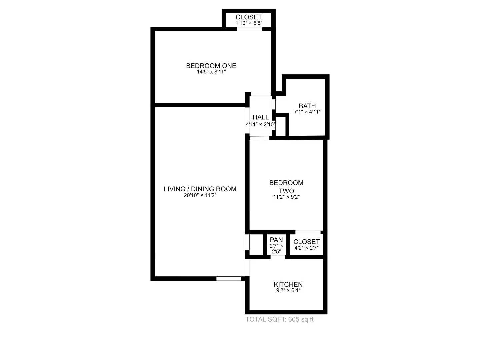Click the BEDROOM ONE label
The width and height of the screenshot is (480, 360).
(211, 66)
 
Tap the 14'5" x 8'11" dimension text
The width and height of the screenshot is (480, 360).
(211, 72)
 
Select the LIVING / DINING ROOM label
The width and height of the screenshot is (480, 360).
(200, 189)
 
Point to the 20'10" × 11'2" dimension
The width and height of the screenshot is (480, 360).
(200, 195)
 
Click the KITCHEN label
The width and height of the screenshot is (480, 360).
(288, 284)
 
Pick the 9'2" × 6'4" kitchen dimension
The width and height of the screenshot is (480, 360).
(288, 290)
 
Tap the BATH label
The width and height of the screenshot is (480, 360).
(307, 106)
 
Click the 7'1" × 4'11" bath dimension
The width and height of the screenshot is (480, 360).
(307, 112)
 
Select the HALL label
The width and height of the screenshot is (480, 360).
(261, 117)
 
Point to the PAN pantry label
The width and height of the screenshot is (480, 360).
(276, 240)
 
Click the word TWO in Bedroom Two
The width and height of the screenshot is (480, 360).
(286, 191)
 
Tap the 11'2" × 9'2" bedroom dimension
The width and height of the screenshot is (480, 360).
(286, 197)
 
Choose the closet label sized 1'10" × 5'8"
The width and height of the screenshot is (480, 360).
(249, 17)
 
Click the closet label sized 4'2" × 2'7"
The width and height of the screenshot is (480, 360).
(306, 242)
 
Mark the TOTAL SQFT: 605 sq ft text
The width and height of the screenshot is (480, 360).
(279, 319)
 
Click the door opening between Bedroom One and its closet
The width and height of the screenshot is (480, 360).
(250, 29)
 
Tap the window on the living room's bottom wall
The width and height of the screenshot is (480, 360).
(229, 279)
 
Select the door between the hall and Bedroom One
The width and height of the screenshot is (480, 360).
(261, 94)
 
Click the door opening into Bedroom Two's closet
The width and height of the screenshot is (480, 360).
(308, 232)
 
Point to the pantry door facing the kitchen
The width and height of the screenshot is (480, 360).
(278, 257)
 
